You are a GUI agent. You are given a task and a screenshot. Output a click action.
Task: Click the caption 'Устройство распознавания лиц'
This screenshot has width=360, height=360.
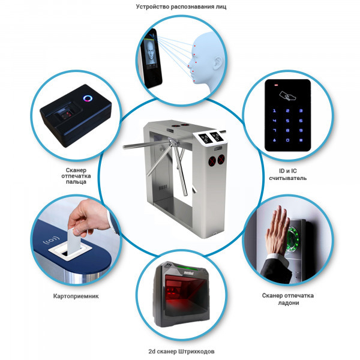tap(181, 7)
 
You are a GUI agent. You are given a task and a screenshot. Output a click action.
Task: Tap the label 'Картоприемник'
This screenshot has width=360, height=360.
tap(76, 296)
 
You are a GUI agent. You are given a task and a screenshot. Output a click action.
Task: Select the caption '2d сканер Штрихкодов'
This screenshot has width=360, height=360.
tap(181, 351)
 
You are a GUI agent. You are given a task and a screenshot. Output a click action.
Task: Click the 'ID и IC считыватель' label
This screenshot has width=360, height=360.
tap(287, 175)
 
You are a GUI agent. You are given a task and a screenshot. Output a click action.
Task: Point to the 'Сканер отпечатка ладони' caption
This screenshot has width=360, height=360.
tap(288, 299)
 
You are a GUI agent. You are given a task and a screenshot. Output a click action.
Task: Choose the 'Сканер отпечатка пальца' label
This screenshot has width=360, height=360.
tap(76, 176)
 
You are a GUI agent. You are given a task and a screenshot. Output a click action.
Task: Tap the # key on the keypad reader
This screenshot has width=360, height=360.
tap(301, 140)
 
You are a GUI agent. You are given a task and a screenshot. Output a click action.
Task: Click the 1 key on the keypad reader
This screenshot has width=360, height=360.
tap(274, 110)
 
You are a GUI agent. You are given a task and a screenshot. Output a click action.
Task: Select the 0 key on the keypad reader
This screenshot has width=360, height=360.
tap(287, 140)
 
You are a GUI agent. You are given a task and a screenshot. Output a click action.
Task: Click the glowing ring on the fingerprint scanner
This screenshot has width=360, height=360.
tap(88, 98)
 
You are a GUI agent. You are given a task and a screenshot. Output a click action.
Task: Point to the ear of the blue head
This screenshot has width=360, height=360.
tap(217, 63)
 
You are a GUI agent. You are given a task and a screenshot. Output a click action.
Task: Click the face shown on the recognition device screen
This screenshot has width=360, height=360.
tap(150, 52)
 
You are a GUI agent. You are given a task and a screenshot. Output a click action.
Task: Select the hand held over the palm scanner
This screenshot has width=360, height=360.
tap(276, 232)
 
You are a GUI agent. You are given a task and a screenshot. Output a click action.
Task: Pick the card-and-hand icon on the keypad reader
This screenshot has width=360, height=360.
tap(287, 96)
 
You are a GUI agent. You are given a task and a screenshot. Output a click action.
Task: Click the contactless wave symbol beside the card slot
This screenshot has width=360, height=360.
tap(52, 241)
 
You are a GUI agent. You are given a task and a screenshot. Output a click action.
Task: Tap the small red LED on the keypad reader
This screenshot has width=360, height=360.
tap(276, 85)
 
